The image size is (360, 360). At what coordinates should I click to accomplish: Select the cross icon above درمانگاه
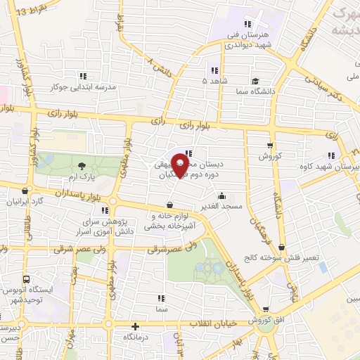pyautogui.click(x=136, y=326)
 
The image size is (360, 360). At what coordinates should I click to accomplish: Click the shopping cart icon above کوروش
pyautogui.click(x=269, y=146)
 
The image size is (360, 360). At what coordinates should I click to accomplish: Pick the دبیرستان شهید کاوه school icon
pyautogui.click(x=330, y=157)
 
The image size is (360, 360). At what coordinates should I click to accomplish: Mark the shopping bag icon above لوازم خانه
pyautogui.click(x=169, y=205)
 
